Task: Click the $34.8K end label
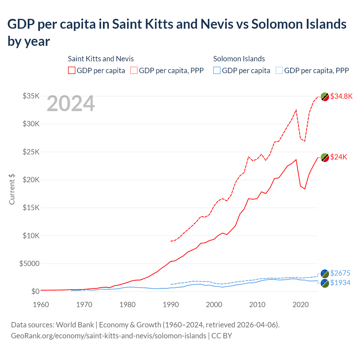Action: (341, 96)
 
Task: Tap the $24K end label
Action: (339, 157)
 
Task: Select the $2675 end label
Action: (340, 273)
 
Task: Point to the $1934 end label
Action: (340, 283)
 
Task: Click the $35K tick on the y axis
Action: (31, 96)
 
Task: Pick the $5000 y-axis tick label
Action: (29, 264)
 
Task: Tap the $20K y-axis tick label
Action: (31, 180)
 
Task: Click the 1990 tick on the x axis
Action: (171, 305)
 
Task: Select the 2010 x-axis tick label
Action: (257, 305)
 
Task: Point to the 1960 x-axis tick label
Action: (41, 305)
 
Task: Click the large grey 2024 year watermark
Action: (71, 104)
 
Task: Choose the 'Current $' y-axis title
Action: (12, 189)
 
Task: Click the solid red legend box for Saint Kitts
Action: (72, 70)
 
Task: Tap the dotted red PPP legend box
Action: (134, 70)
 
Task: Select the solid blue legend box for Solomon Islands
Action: (217, 70)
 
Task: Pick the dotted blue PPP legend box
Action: (279, 70)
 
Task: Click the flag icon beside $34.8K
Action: (325, 96)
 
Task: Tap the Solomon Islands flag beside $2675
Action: (325, 273)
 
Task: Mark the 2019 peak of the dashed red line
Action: (296, 110)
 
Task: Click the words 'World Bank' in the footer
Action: (75, 325)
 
